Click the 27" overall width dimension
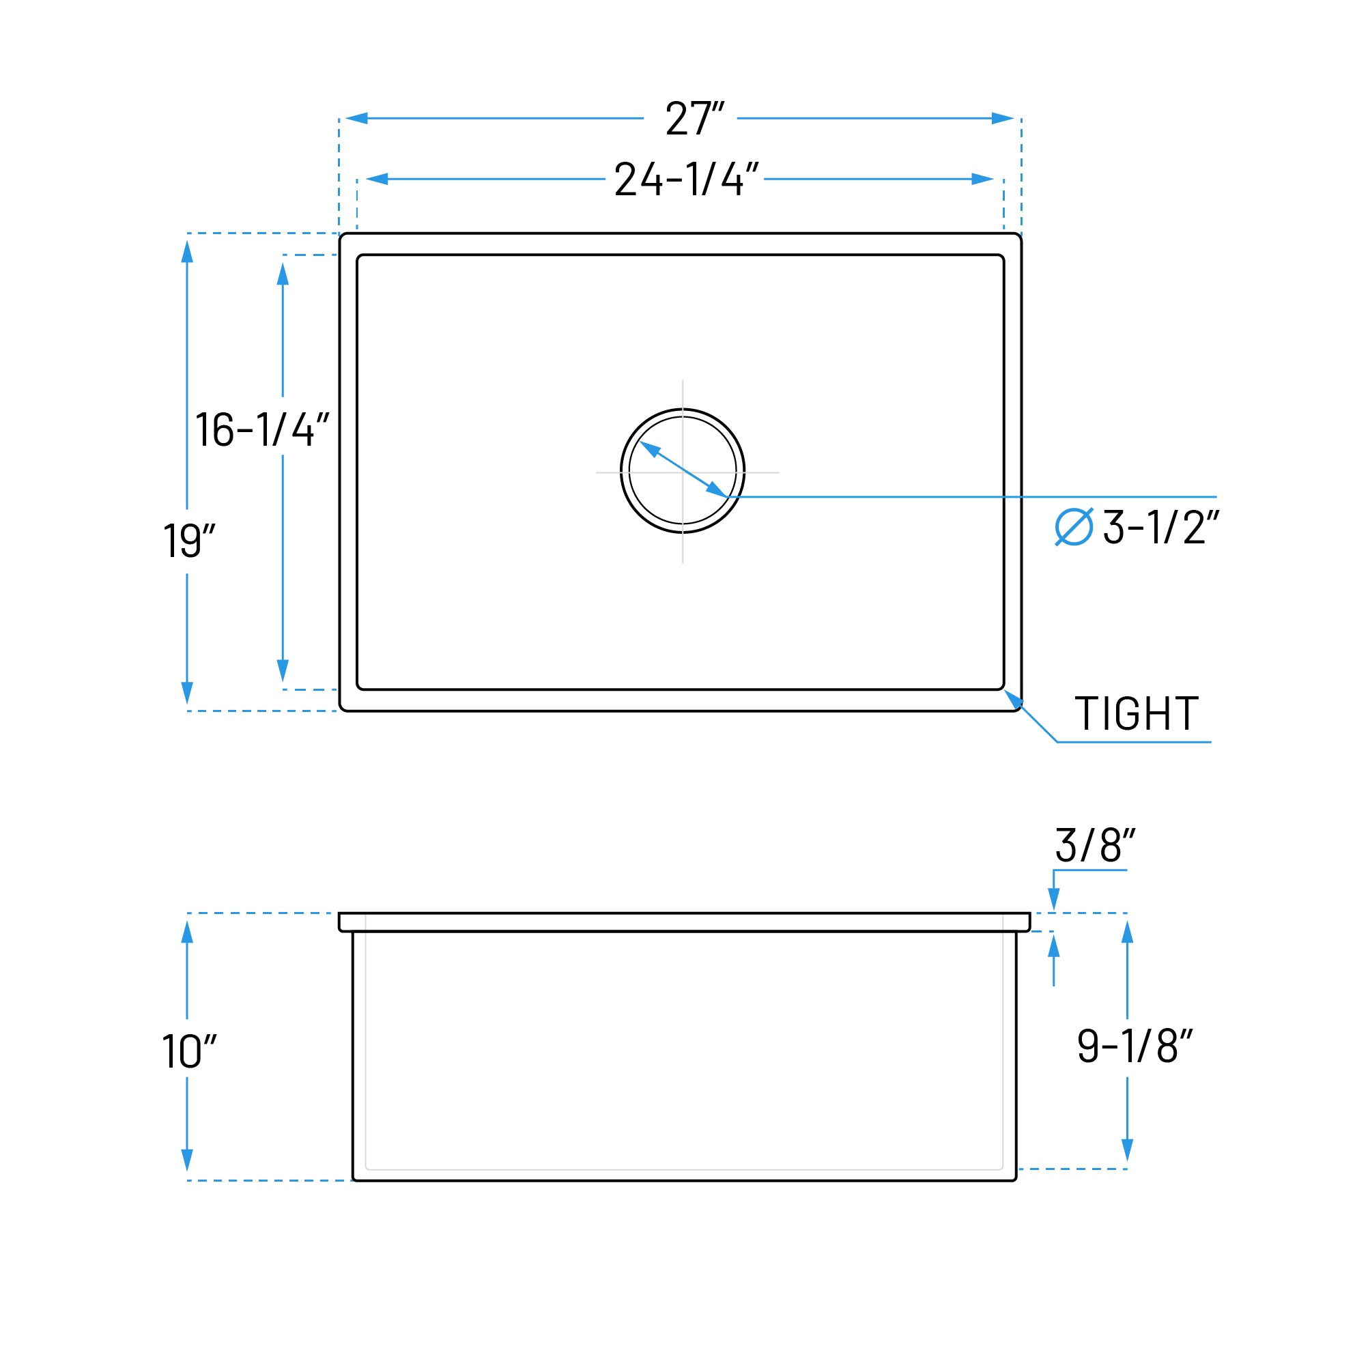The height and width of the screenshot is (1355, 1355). coord(694,118)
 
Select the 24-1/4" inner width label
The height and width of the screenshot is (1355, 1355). coord(686,179)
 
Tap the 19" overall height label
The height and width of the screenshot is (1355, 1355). coord(188,541)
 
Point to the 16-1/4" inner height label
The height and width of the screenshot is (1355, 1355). coord(261,429)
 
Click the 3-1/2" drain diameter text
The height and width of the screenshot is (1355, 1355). coord(1160,527)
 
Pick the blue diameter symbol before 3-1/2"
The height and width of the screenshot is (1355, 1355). coord(1074,527)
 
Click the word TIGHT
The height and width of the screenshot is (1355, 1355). coord(1136,713)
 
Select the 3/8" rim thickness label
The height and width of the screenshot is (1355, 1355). coord(1095,846)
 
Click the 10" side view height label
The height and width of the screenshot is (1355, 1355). coord(188,1051)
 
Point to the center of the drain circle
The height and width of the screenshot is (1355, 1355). coord(683,470)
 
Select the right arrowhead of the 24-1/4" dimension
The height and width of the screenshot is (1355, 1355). coord(982,179)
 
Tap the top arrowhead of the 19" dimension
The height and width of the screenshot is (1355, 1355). coord(187,251)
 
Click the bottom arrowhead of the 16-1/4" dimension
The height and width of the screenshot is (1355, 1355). coord(283,670)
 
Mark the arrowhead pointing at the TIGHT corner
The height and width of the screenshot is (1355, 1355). coord(1013,698)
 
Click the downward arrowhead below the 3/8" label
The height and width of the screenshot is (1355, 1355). coord(1053,898)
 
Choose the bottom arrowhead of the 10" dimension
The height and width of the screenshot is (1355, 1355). coord(187,1160)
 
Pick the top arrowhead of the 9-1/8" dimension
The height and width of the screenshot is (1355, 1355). coord(1127,932)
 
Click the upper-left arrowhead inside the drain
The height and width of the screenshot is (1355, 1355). coord(650,448)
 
